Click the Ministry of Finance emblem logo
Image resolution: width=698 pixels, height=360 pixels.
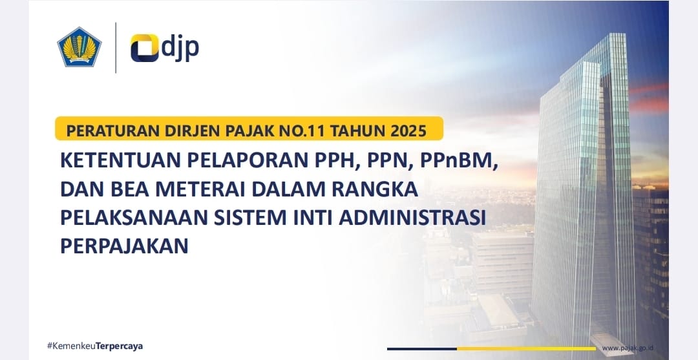[79, 46]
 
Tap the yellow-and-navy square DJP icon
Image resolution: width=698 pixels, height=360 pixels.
[144, 48]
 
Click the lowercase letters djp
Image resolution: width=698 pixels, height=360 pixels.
[180, 48]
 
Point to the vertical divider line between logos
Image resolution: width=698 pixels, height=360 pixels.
[116, 47]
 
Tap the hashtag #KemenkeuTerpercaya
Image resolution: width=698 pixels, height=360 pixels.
[95, 346]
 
